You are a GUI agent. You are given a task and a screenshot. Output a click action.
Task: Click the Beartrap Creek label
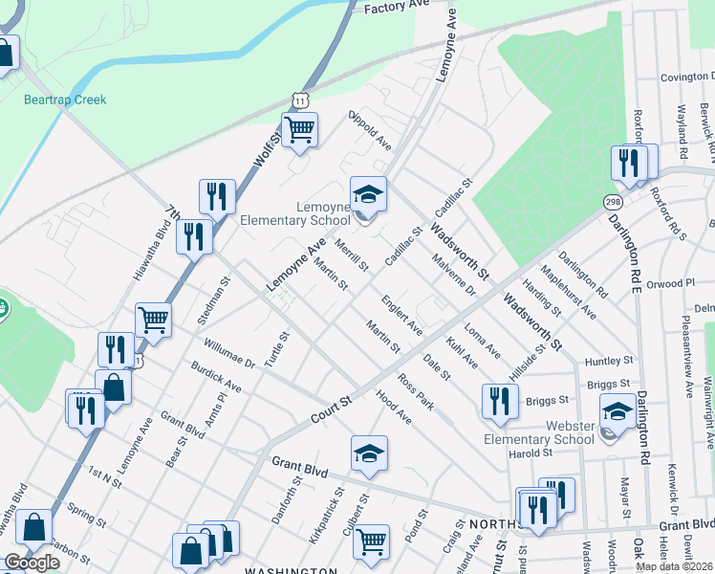click(65, 99)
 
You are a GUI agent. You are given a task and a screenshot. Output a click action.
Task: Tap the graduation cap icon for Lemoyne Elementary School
click(368, 195)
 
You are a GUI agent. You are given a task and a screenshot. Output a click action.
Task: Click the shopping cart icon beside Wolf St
click(299, 129)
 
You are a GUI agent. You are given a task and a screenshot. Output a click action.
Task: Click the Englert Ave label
click(402, 315)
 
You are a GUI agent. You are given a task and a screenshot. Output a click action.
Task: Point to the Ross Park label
click(417, 392)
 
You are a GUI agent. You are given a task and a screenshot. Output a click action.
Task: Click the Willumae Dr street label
click(229, 351)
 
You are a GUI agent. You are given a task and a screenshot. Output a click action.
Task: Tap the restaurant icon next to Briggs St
click(498, 401)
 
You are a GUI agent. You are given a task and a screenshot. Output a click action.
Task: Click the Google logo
click(32, 563)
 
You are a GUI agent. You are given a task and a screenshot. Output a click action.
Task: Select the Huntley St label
click(610, 361)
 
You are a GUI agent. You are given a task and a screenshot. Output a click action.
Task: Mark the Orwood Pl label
click(670, 283)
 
